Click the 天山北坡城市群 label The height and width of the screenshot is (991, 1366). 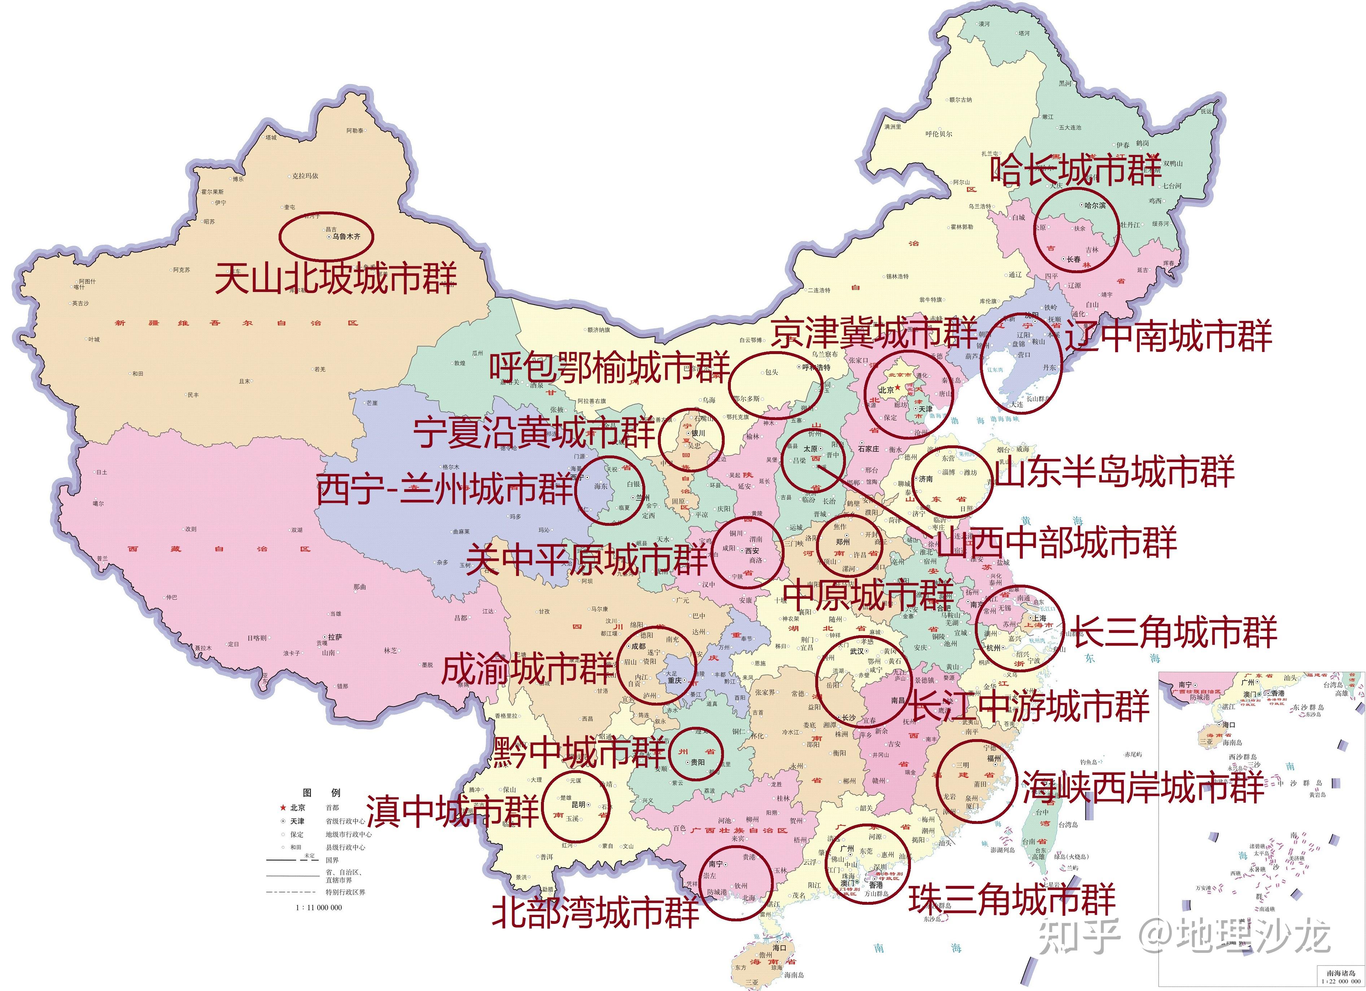(x=336, y=278)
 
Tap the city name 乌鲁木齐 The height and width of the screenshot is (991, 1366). (x=346, y=237)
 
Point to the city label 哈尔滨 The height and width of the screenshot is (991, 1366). (x=1095, y=205)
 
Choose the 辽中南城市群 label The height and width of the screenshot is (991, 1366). (x=1169, y=336)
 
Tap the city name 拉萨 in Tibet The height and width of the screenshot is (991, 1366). (x=335, y=637)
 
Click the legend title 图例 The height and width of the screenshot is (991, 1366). (x=321, y=793)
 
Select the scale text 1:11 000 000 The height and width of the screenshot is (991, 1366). (x=319, y=907)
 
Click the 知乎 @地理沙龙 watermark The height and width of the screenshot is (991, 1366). (x=1183, y=935)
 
